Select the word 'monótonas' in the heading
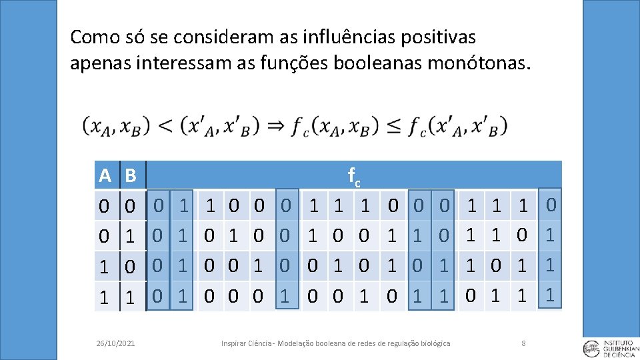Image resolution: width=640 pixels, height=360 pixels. [473, 64]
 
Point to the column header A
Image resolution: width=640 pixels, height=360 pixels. [105, 176]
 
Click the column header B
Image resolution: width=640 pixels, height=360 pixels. [131, 176]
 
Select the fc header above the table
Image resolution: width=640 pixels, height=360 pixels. [354, 177]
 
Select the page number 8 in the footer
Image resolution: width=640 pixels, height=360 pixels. [523, 343]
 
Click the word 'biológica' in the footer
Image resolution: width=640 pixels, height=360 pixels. [435, 343]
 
